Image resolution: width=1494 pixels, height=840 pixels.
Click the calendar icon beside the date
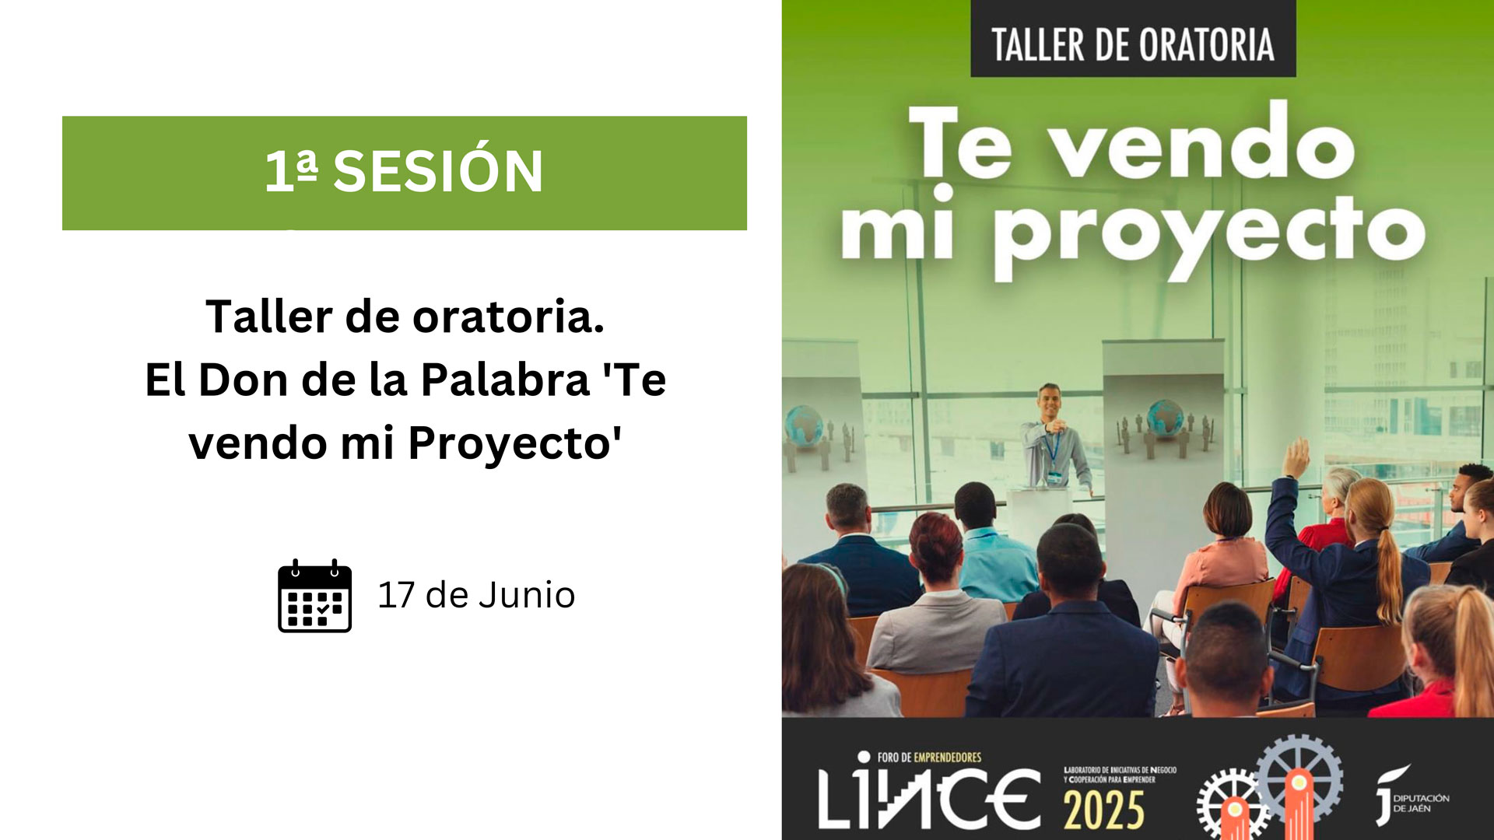tap(314, 595)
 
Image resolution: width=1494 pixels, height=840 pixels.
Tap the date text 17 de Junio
tap(476, 595)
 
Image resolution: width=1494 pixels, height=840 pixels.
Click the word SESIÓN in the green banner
tap(438, 170)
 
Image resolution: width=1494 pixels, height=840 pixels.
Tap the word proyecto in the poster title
tap(1210, 233)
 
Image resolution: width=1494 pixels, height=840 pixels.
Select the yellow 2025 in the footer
tap(1104, 810)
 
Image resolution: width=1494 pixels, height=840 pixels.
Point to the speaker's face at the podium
tap(1050, 401)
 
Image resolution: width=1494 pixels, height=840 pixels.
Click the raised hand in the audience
tap(1296, 458)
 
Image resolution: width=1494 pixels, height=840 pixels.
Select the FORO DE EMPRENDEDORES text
tap(929, 757)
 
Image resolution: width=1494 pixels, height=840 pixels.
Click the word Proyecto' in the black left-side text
tap(515, 443)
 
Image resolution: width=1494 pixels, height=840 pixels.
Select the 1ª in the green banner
tap(291, 170)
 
